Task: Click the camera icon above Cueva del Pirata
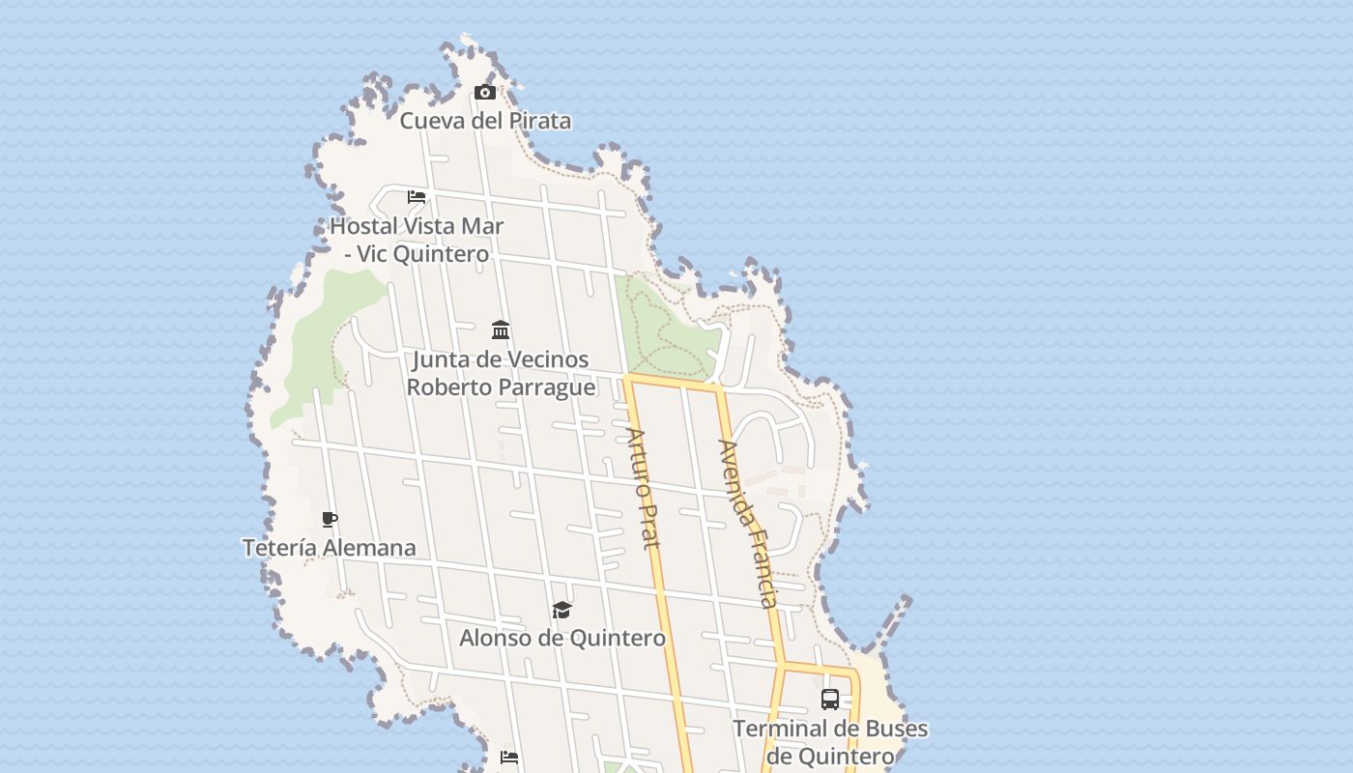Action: tap(485, 93)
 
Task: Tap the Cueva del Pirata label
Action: tap(485, 121)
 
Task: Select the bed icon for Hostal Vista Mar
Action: tap(417, 197)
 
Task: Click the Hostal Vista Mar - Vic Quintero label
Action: tap(417, 240)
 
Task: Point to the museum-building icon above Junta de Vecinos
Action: tap(501, 330)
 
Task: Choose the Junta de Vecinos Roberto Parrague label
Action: tap(501, 373)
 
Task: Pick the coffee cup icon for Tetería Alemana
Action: tap(330, 520)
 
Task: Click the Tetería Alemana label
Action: tap(330, 548)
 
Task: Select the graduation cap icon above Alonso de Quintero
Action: tap(561, 610)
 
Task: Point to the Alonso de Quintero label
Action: tap(561, 639)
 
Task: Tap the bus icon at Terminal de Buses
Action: tap(830, 700)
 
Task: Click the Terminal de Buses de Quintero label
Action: tap(830, 742)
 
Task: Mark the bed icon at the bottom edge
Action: tap(509, 758)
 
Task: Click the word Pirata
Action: tap(539, 121)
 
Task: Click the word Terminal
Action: tap(778, 729)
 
